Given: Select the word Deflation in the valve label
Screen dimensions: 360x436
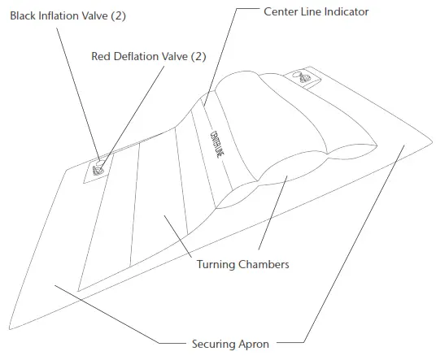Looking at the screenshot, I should (139, 56).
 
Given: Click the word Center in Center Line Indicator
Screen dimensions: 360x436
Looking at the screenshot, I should (282, 11).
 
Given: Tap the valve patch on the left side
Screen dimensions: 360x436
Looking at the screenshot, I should (98, 168).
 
